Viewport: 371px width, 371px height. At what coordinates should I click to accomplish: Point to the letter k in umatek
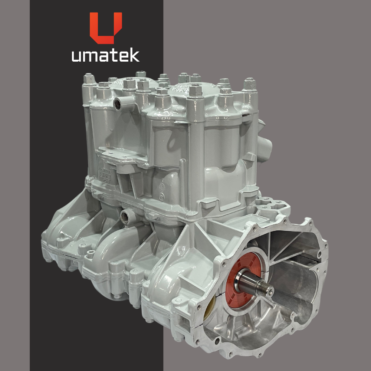point(134,55)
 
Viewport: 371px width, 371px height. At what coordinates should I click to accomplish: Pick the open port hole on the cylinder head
point(117,104)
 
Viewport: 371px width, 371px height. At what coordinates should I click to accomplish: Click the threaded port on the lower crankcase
point(125,217)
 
